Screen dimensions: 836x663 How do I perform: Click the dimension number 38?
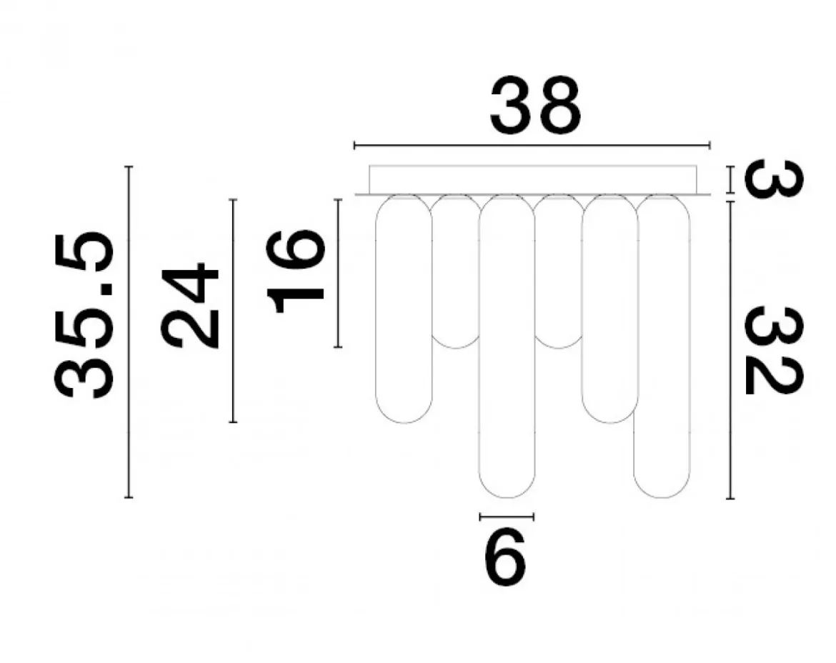pyautogui.click(x=535, y=106)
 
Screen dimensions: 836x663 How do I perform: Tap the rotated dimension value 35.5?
pyautogui.click(x=84, y=316)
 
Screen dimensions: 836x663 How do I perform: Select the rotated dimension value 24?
pyautogui.click(x=190, y=305)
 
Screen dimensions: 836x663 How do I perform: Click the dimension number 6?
pyautogui.click(x=505, y=558)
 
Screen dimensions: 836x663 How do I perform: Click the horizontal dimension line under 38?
pyautogui.click(x=532, y=145)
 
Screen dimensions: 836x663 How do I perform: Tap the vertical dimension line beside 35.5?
pyautogui.click(x=129, y=332)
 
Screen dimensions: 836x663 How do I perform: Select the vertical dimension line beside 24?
pyautogui.click(x=233, y=311)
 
